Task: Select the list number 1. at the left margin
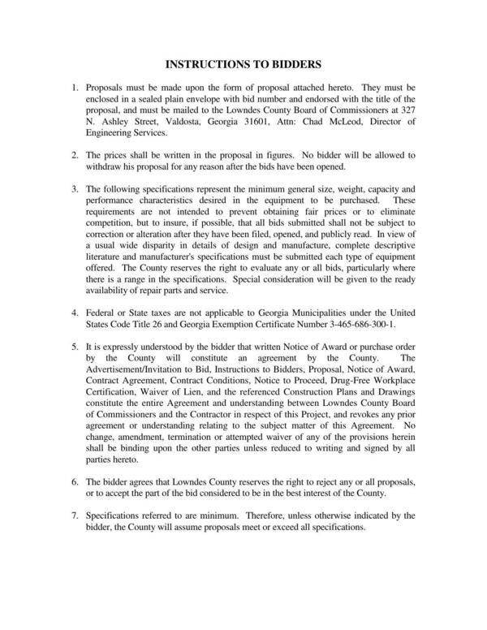coord(75,86)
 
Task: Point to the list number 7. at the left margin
coord(75,516)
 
